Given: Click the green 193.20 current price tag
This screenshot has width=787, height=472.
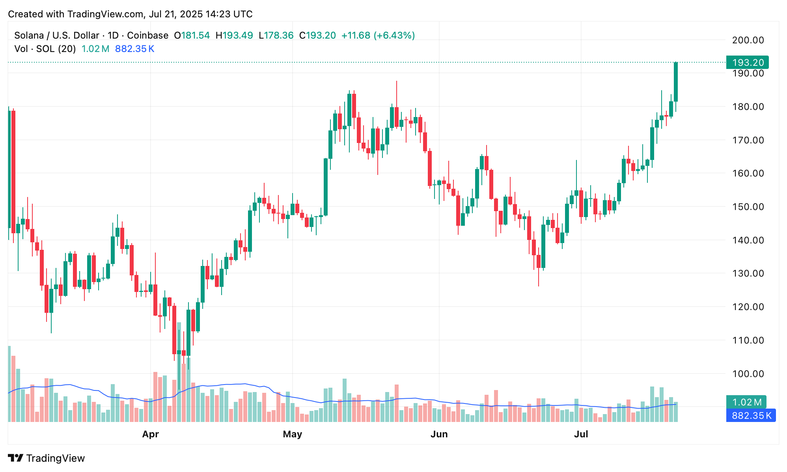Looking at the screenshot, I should pyautogui.click(x=747, y=63).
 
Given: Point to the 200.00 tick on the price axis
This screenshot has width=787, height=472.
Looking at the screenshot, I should pyautogui.click(x=748, y=40).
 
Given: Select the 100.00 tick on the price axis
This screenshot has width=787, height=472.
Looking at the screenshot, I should pyautogui.click(x=748, y=374).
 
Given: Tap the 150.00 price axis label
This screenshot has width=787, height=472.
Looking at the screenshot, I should pyautogui.click(x=748, y=207).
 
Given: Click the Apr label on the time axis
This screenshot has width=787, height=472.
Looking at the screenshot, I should pyautogui.click(x=150, y=434).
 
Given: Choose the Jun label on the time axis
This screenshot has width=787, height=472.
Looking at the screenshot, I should pyautogui.click(x=439, y=434).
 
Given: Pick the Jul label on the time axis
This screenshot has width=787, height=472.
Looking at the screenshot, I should pyautogui.click(x=581, y=434).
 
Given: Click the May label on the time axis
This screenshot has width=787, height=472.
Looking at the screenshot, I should pyautogui.click(x=292, y=434).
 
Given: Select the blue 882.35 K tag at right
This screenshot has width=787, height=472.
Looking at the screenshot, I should pyautogui.click(x=751, y=416).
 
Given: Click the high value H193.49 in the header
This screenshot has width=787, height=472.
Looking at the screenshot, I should pyautogui.click(x=234, y=35).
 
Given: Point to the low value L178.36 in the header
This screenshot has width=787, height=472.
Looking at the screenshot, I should pyautogui.click(x=276, y=35).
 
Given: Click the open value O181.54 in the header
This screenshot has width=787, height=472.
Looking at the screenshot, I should pyautogui.click(x=192, y=35).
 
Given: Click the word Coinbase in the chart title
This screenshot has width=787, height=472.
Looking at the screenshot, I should pyautogui.click(x=147, y=35).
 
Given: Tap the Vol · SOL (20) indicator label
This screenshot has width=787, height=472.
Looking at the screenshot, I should pyautogui.click(x=45, y=49).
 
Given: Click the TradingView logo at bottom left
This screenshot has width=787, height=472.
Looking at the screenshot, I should pyautogui.click(x=47, y=458).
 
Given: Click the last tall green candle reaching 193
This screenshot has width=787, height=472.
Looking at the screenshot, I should pyautogui.click(x=676, y=82).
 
